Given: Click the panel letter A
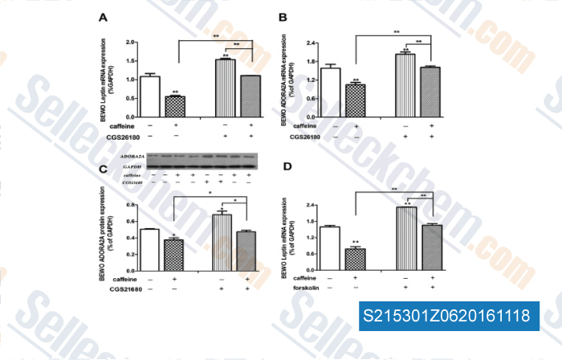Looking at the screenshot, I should click(103, 17).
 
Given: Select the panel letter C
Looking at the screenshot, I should click(102, 168).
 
